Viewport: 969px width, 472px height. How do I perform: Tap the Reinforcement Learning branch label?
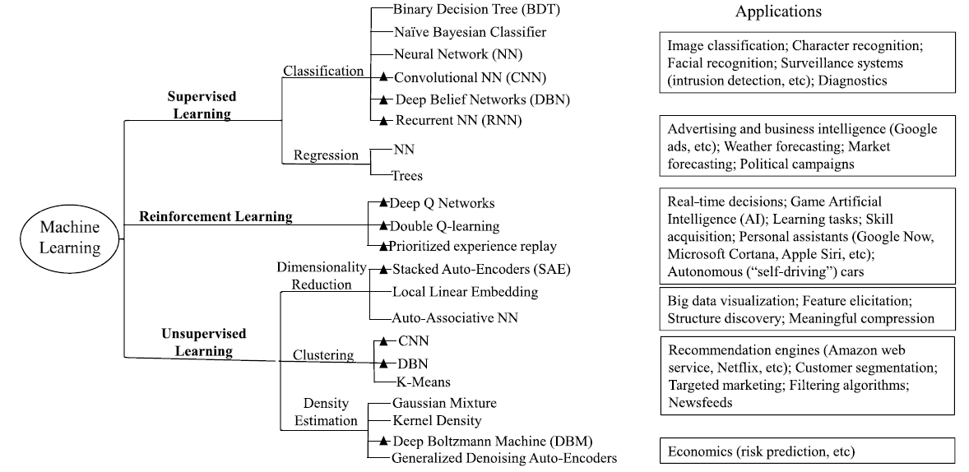click(x=216, y=216)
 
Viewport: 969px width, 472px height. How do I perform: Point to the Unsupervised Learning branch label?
click(x=192, y=343)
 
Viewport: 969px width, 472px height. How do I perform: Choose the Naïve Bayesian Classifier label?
click(x=469, y=33)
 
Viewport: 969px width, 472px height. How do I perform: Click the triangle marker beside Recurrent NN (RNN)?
click(x=383, y=121)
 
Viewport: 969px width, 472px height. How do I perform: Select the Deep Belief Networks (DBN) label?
click(x=481, y=99)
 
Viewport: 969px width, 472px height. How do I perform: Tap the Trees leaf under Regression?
click(x=407, y=175)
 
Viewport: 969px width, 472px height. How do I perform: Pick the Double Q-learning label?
click(x=444, y=225)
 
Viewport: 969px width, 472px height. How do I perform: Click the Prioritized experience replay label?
click(x=473, y=246)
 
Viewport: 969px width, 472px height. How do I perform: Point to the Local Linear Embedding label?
click(x=465, y=292)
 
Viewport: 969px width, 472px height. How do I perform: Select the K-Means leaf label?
click(x=422, y=382)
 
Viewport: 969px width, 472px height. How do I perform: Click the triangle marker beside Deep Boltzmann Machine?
click(x=383, y=442)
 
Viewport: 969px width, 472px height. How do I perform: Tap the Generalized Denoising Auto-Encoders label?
click(x=503, y=458)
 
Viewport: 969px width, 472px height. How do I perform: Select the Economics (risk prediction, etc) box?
click(x=807, y=451)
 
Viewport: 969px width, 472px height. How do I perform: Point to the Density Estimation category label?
click(x=326, y=413)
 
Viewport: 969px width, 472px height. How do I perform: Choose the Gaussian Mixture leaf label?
click(x=444, y=403)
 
